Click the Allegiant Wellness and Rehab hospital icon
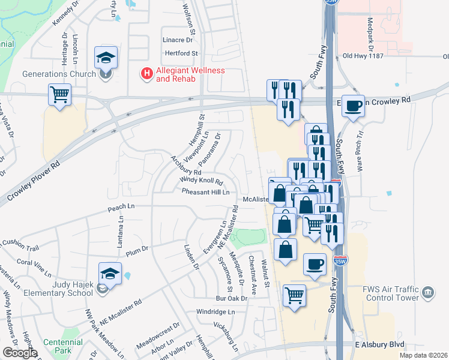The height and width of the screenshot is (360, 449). pos(146,74)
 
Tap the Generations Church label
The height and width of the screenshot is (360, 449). pos(59,74)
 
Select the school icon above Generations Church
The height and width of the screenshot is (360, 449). pos(106,58)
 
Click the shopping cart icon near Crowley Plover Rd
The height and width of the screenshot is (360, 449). pos(60,95)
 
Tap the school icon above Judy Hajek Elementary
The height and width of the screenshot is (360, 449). pos(110,274)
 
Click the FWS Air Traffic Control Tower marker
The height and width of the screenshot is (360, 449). pos(428,293)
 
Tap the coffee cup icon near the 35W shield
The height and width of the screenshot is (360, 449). pos(315,264)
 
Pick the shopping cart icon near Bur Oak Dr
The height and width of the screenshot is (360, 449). pos(294,295)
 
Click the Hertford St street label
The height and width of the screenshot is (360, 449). pos(181,53)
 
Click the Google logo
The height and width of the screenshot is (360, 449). pos(19,353)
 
